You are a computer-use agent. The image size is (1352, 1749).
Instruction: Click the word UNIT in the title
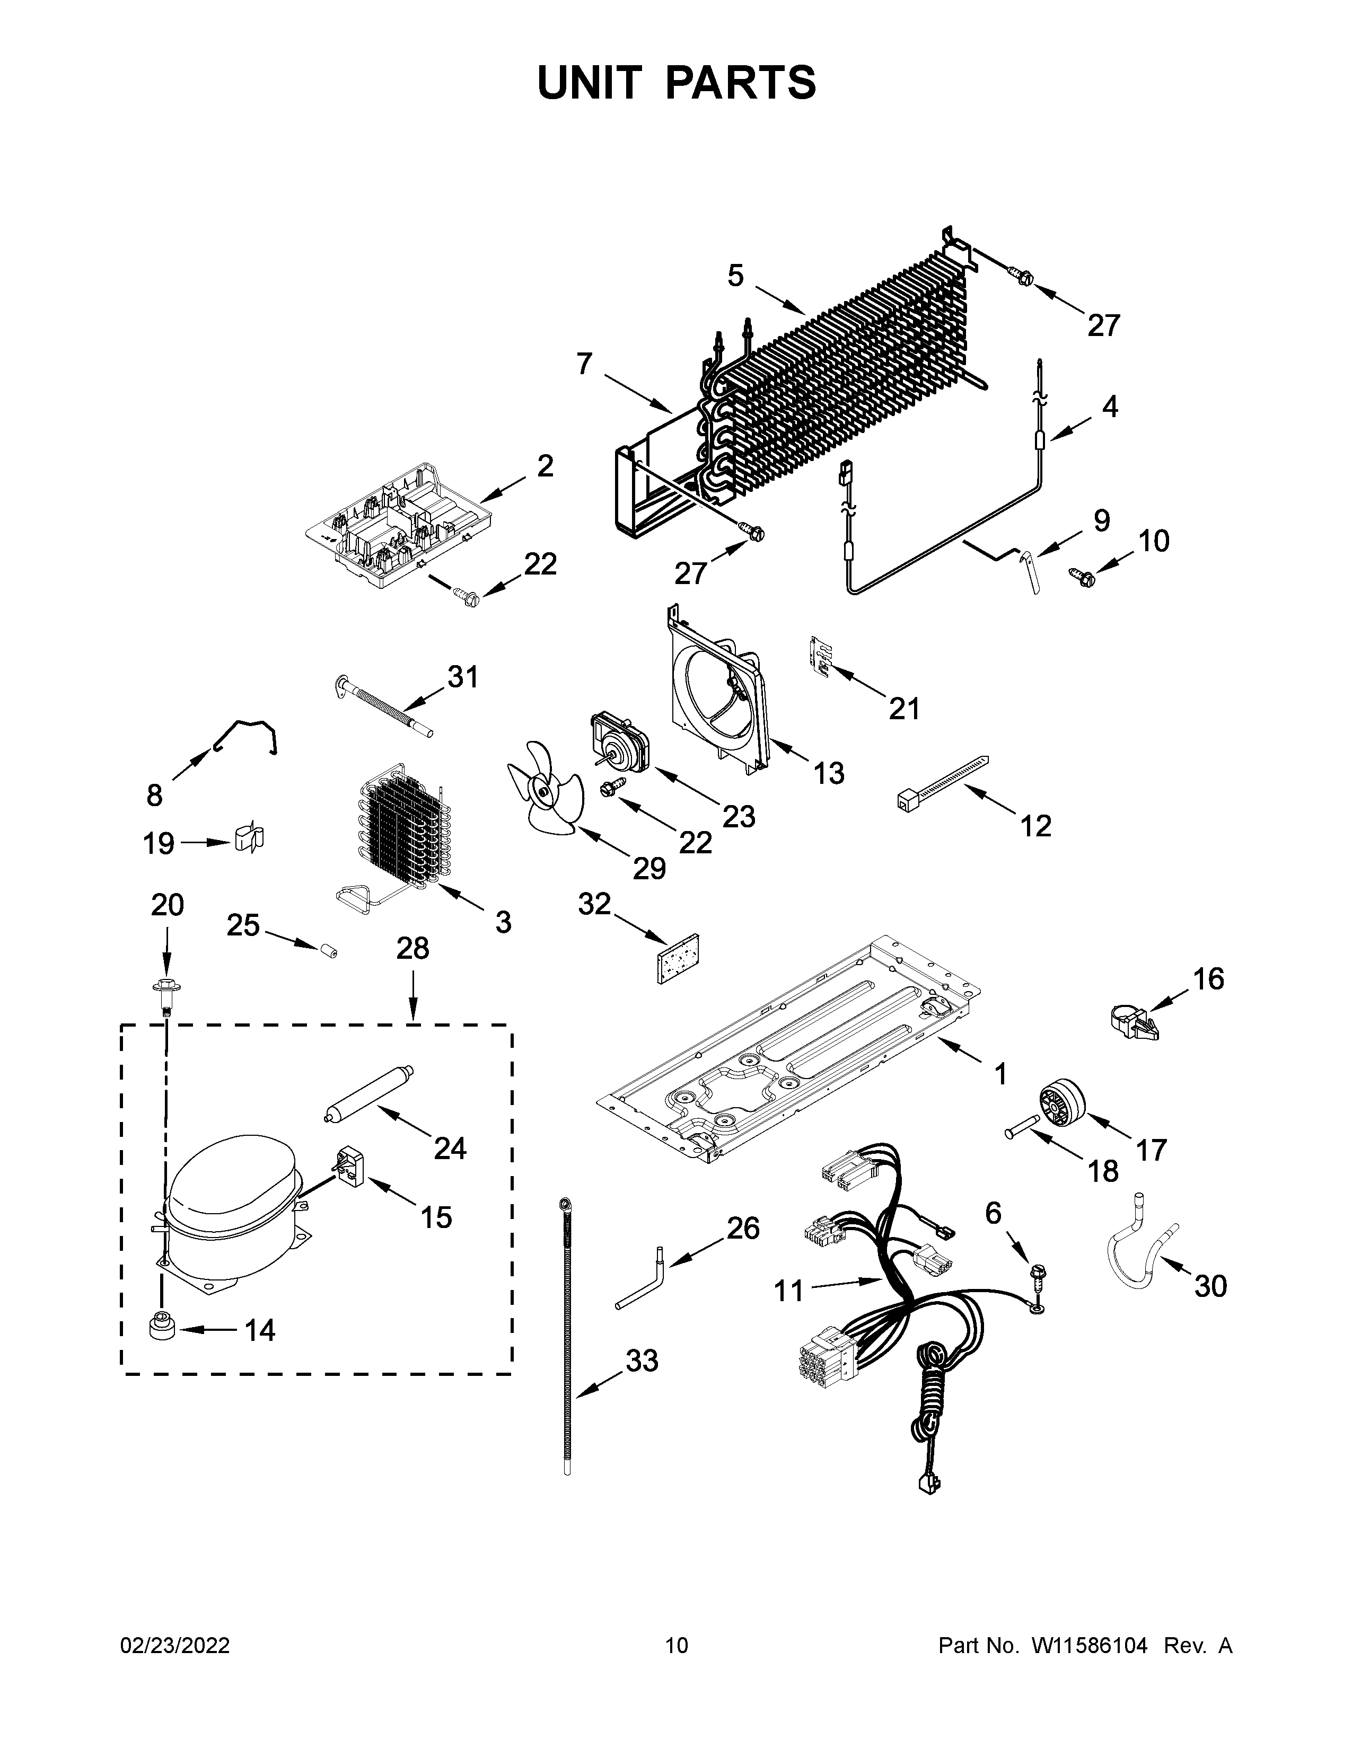tap(590, 83)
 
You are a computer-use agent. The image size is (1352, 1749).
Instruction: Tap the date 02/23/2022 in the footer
tap(174, 1645)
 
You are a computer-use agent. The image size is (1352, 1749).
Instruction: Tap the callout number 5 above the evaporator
tap(735, 276)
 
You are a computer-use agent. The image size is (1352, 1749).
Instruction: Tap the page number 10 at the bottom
tap(676, 1645)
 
